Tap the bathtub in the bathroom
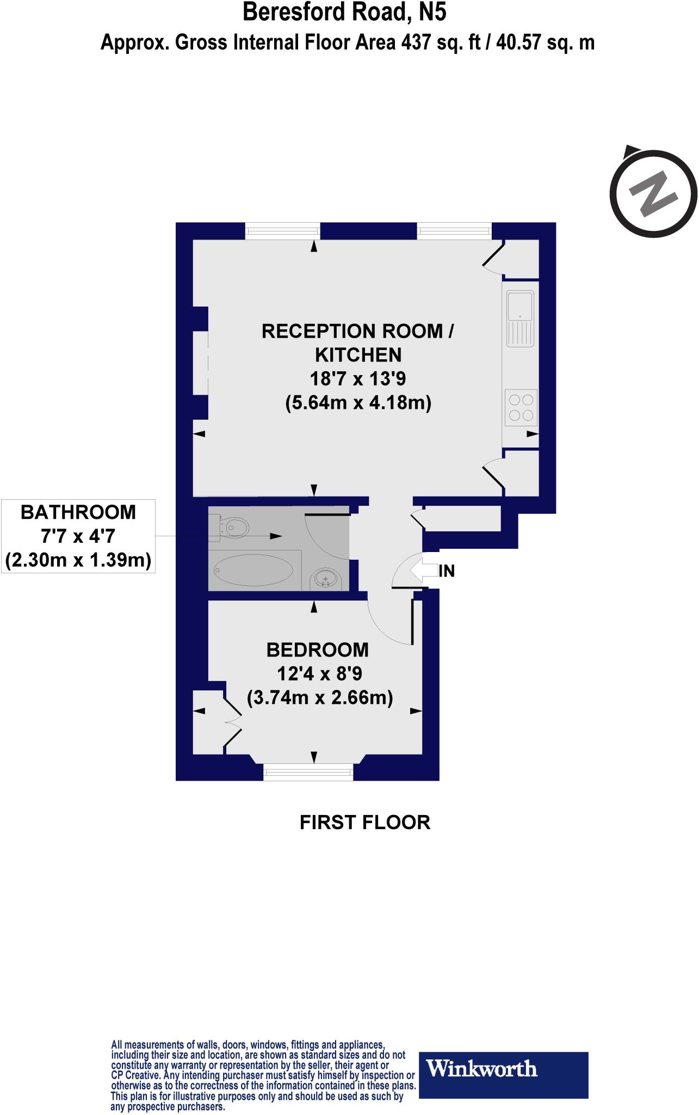[x=255, y=570]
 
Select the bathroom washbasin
[x=326, y=579]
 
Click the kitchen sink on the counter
[x=521, y=318]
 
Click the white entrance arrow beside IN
[x=423, y=571]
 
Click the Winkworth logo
[x=503, y=1068]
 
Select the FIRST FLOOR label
[x=365, y=822]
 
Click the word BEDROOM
[x=318, y=650]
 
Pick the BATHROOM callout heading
[x=78, y=512]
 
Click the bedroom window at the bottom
[x=308, y=773]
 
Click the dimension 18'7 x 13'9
[x=358, y=378]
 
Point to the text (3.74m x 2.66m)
[x=320, y=697]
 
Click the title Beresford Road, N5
[x=344, y=12]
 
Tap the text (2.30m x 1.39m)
[x=78, y=560]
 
